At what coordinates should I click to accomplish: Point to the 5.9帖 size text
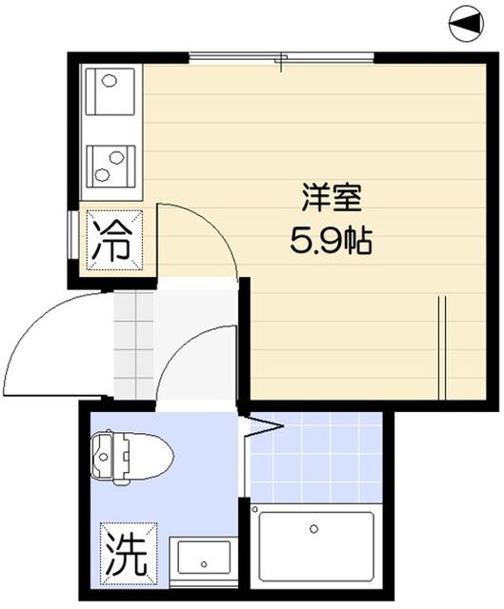click(x=331, y=240)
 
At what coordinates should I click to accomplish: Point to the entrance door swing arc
click(x=43, y=343)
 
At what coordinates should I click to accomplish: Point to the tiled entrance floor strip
click(x=132, y=347)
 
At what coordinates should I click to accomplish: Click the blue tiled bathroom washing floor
click(x=318, y=457)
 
